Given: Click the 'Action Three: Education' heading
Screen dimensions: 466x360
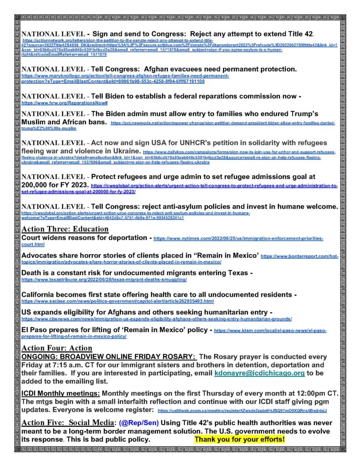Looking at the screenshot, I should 65,229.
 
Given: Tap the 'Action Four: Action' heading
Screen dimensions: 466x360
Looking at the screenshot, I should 57,348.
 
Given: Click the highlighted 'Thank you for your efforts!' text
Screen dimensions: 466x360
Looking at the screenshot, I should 240,440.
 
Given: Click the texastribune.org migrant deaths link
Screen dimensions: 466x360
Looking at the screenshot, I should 104,279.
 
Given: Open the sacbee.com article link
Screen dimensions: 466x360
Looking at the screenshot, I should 117,301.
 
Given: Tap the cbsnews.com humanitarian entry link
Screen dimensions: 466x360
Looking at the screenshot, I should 157,319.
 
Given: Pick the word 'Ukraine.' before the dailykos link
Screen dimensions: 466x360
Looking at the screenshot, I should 123,151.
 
